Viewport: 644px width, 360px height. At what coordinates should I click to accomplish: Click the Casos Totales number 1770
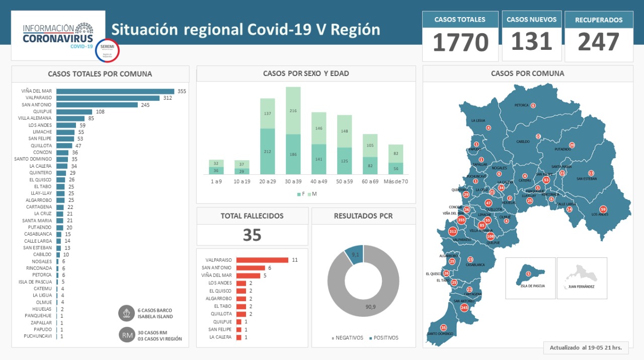coord(460,42)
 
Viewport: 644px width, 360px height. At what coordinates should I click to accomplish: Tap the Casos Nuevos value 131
coord(532,41)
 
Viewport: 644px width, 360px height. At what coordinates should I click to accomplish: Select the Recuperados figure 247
coord(599,42)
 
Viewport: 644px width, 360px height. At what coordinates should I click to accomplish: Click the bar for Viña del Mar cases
coord(115,91)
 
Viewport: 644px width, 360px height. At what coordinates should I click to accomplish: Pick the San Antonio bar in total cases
coord(97,105)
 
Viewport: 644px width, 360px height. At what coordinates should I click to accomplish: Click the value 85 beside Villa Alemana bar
coord(91,118)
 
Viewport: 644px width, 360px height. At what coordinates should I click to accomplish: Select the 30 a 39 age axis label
coord(293,181)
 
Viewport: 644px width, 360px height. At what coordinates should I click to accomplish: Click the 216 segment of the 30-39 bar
coord(293,110)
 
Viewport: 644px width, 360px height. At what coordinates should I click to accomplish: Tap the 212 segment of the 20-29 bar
coord(267,151)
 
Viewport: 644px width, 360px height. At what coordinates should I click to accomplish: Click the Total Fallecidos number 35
coord(252,235)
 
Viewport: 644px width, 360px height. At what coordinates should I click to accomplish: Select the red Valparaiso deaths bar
coord(262,260)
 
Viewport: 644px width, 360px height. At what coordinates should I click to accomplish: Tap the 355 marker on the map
coord(461,220)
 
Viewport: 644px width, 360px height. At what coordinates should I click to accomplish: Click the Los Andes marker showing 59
coord(603,209)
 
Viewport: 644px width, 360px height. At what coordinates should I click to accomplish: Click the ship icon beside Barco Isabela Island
coord(126,313)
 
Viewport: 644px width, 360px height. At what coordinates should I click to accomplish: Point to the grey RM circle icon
coord(126,335)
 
